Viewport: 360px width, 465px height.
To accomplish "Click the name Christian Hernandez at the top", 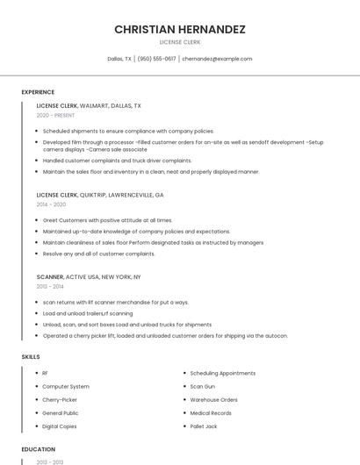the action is (179, 30).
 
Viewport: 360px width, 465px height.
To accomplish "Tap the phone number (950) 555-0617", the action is (156, 59).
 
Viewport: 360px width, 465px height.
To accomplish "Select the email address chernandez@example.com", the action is (217, 59).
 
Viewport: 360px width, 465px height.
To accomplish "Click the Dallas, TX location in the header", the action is (119, 59).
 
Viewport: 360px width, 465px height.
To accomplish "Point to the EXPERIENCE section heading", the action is (38, 92).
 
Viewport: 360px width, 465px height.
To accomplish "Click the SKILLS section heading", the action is (30, 356).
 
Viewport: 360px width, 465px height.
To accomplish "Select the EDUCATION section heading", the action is (38, 449).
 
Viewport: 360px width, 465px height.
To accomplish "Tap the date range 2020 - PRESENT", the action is (55, 115).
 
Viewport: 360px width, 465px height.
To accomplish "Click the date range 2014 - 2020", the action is (51, 204).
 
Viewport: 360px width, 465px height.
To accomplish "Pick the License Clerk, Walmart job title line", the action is (88, 105).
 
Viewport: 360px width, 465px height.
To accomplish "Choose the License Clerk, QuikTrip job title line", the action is (100, 195).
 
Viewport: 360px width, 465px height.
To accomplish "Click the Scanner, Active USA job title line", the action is (88, 276).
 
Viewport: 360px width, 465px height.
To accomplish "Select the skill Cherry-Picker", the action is (60, 399).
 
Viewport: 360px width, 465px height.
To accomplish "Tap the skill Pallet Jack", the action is (204, 426).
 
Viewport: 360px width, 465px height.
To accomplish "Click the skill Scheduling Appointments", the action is (222, 373).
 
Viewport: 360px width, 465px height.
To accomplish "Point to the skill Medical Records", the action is (211, 412).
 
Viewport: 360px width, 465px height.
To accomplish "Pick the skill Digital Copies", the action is (60, 426).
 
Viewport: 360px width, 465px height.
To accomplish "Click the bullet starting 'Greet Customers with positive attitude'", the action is (107, 220).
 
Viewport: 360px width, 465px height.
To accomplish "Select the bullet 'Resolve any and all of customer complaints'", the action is (98, 254).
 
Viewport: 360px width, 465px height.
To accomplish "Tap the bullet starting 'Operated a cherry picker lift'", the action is (165, 335).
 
